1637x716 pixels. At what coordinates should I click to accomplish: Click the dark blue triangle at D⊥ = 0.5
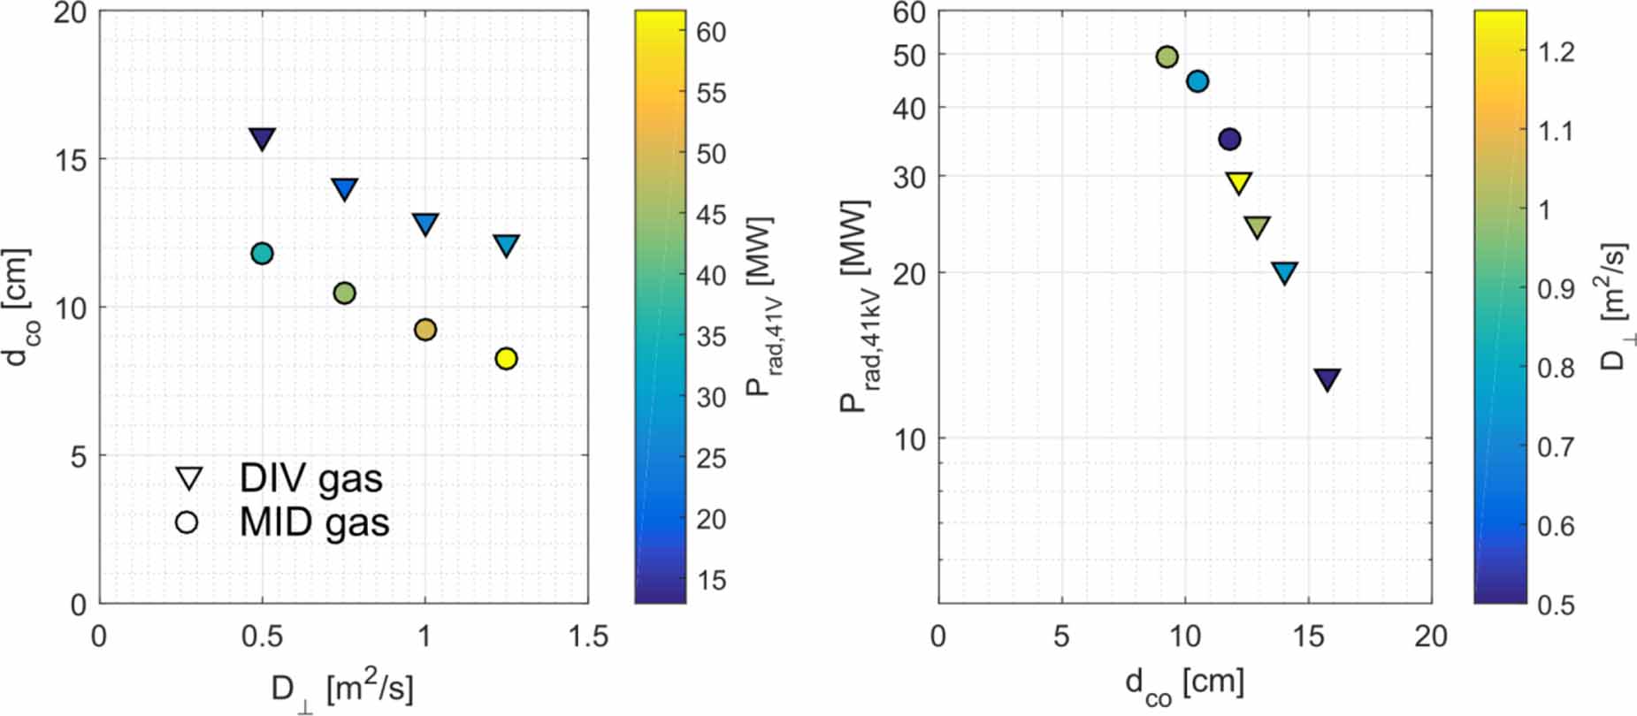point(262,138)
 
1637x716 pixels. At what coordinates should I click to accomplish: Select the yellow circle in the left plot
point(506,359)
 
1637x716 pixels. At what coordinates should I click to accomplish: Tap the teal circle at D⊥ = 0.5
point(262,254)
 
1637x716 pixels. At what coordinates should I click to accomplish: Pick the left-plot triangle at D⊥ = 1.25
point(506,245)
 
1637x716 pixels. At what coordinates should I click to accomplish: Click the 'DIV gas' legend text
point(310,478)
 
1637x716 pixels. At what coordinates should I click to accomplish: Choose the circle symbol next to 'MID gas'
point(187,522)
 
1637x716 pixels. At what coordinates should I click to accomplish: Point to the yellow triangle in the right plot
point(1239,182)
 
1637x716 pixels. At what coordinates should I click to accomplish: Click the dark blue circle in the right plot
point(1229,139)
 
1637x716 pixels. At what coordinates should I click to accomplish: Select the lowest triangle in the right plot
point(1327,378)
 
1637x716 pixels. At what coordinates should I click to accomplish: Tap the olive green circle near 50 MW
point(1167,57)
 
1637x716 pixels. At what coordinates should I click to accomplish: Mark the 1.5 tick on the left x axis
point(587,636)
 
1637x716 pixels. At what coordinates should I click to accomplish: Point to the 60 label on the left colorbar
point(710,32)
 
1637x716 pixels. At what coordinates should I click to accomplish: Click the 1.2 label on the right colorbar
point(1556,52)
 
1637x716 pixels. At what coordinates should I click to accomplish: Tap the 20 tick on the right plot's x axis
point(1430,636)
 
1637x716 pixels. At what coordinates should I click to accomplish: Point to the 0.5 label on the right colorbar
point(1556,605)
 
